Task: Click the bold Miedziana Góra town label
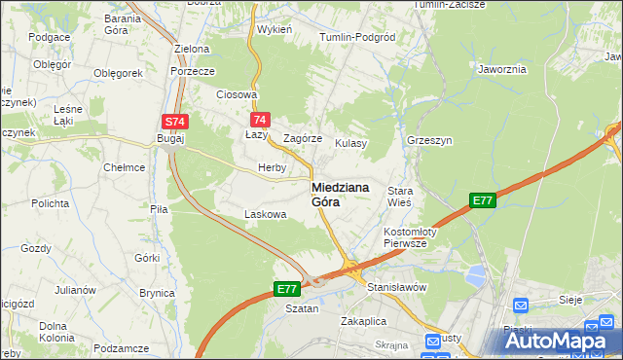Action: [x=339, y=194]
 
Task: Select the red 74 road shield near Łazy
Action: [x=259, y=120]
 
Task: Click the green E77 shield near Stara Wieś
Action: [x=482, y=200]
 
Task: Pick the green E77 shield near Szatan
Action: [x=285, y=289]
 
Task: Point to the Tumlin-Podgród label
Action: [x=357, y=37]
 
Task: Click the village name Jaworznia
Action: [x=502, y=69]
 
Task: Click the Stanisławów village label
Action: [x=396, y=287]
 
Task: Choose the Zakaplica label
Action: [x=364, y=320]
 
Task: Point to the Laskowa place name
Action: [x=264, y=214]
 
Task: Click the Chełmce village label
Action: [x=125, y=167]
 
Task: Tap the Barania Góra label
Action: [x=123, y=24]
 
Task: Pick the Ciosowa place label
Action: [x=237, y=94]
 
